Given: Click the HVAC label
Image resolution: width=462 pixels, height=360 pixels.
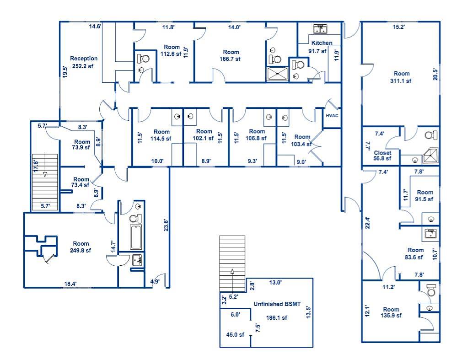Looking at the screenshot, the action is click(332, 116).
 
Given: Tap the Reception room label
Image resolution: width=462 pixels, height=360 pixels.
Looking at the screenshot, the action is click(84, 59).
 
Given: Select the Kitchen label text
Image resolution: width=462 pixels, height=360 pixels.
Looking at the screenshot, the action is click(322, 43).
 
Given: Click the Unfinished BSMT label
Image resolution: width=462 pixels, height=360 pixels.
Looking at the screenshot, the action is click(277, 304).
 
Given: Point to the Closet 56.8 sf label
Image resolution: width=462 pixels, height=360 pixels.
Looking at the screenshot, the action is click(382, 156).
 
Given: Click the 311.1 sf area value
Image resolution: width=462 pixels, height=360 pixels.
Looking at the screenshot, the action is click(401, 81).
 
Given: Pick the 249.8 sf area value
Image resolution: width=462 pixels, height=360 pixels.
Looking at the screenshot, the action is click(81, 250).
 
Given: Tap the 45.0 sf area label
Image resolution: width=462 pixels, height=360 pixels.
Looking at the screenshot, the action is click(235, 334).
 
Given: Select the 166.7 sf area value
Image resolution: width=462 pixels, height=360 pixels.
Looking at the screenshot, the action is click(230, 59).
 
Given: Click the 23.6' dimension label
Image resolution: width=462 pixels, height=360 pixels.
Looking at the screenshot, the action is click(166, 225).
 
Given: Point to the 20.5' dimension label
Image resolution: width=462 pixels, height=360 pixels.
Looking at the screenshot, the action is click(435, 74).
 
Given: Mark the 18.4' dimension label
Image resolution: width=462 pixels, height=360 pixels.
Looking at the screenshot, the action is click(71, 284).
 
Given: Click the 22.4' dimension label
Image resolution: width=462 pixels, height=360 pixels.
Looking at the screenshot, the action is click(367, 223).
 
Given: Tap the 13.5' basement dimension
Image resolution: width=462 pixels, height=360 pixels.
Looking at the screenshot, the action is click(308, 312).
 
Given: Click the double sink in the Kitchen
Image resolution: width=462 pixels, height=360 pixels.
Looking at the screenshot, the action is click(320, 29).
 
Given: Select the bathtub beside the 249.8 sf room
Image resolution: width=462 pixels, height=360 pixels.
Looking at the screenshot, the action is click(136, 237).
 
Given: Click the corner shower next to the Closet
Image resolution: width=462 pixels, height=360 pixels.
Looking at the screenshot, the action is click(430, 156).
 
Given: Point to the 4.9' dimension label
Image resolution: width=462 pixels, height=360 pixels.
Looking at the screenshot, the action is click(155, 281).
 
